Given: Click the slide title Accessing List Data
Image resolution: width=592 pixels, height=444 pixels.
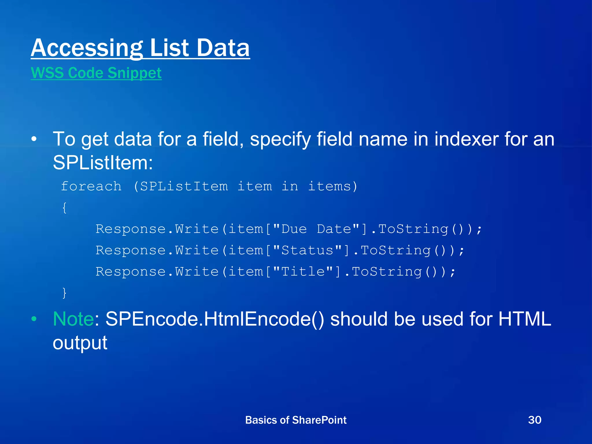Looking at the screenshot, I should click(x=140, y=48).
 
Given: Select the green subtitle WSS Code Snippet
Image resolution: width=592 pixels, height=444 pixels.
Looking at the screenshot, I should click(x=96, y=73).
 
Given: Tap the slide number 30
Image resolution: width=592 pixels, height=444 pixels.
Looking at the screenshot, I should click(x=534, y=420).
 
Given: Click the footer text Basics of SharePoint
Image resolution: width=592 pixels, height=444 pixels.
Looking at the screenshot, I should click(x=296, y=420).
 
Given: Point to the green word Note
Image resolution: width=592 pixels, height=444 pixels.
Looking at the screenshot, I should click(x=73, y=319).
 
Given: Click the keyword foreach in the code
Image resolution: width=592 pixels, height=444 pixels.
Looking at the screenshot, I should click(x=91, y=186).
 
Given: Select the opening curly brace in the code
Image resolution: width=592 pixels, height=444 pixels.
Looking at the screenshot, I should click(x=64, y=208).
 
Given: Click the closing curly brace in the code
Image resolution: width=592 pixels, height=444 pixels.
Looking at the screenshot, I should click(x=64, y=293).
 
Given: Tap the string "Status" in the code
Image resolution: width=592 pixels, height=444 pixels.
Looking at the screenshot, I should click(x=307, y=250).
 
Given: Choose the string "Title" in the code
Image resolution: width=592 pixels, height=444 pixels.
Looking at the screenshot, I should click(x=303, y=272).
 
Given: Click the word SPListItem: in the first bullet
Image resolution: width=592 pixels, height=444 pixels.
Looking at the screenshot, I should click(x=103, y=163).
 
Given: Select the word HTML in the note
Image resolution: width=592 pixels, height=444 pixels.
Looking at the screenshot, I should click(x=525, y=319).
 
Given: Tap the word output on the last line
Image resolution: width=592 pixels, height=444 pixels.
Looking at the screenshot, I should click(x=80, y=343).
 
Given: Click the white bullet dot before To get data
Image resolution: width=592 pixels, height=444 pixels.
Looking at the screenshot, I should click(x=34, y=139).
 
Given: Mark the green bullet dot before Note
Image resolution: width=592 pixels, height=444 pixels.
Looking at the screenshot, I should click(x=34, y=319).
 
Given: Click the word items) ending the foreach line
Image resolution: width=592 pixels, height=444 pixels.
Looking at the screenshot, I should click(x=333, y=186).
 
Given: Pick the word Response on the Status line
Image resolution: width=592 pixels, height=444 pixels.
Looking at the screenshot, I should click(x=130, y=250).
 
